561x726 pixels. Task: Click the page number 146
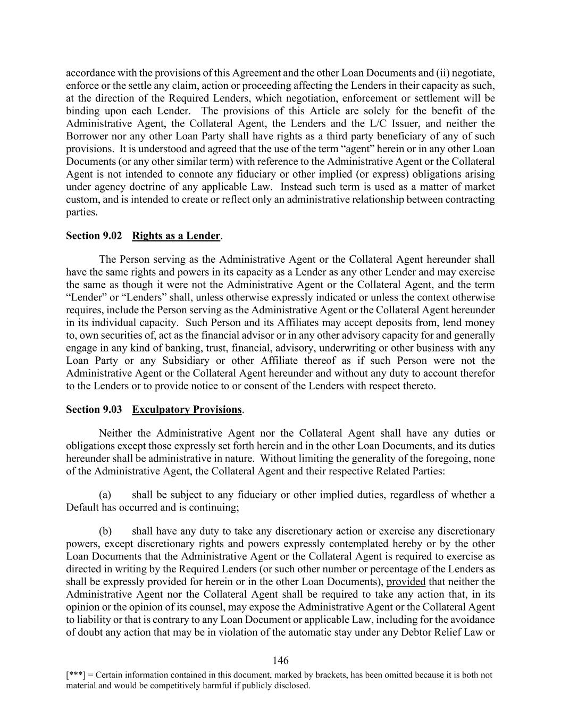pyautogui.click(x=280, y=661)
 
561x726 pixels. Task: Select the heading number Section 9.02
pyautogui.click(x=94, y=236)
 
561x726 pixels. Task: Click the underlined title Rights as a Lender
pyautogui.click(x=176, y=236)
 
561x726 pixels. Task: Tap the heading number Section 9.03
pyautogui.click(x=94, y=410)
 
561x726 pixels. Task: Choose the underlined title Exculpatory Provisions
pyautogui.click(x=187, y=410)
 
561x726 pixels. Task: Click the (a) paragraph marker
pyautogui.click(x=105, y=495)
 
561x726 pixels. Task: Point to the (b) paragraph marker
pyautogui.click(x=105, y=531)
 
